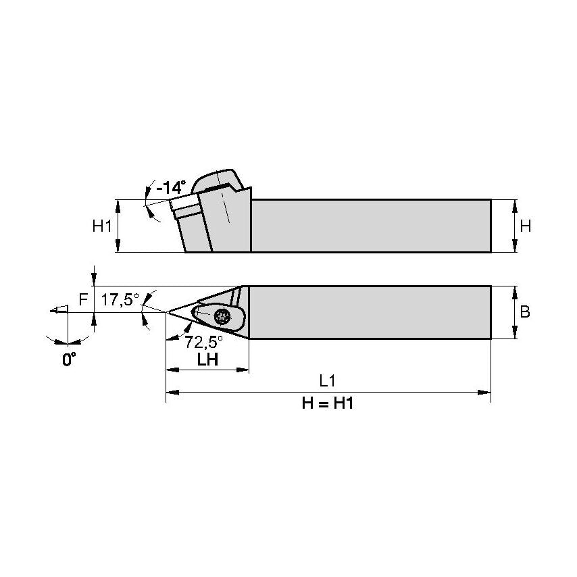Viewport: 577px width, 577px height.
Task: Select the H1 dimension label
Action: point(102,226)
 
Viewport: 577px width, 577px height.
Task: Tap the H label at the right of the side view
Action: point(525,226)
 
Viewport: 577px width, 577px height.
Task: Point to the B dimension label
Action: point(525,312)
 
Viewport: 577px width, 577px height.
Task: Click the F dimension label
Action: point(82,299)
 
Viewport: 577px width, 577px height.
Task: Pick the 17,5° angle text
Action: point(120,299)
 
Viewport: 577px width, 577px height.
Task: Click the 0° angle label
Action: point(68,359)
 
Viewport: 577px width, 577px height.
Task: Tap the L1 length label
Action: point(328,381)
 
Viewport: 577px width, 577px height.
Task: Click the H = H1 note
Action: point(328,404)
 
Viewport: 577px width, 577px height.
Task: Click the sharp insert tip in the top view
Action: point(168,312)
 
